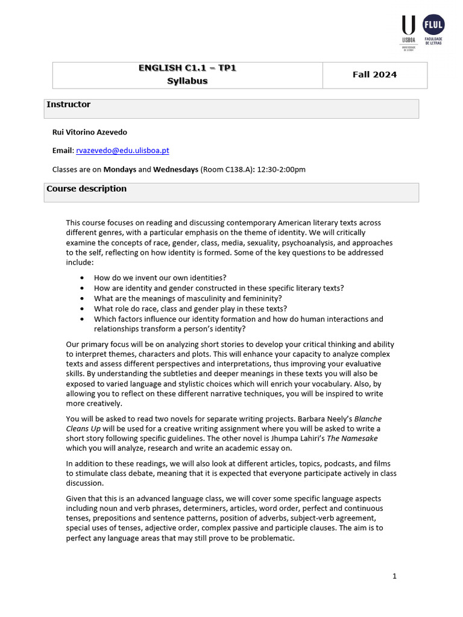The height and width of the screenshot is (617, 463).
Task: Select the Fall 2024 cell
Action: point(374,75)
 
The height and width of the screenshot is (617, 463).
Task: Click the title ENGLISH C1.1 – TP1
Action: point(187,68)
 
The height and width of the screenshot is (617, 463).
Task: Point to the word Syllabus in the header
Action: point(187,81)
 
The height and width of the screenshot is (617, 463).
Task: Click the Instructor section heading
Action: point(69,105)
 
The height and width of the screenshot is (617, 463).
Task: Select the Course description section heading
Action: point(87,189)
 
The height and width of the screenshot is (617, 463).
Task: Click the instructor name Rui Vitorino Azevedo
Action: point(90,132)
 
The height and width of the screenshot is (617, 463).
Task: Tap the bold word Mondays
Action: point(119,169)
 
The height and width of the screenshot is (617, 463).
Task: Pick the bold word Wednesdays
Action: point(175,169)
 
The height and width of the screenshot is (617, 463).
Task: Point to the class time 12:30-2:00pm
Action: point(282,169)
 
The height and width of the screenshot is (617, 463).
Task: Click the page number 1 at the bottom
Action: point(394,576)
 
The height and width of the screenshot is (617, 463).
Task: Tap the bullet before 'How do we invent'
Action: point(82,278)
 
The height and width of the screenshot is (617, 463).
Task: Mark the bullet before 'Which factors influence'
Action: point(82,319)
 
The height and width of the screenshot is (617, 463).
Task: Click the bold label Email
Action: point(63,151)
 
